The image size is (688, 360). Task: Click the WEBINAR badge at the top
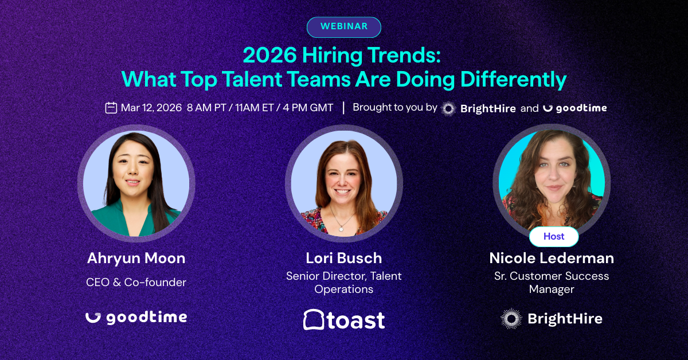(x=343, y=27)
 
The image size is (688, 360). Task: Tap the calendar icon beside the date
(x=111, y=108)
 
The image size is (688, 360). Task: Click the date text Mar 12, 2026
(x=151, y=108)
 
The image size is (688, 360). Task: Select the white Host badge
(x=554, y=236)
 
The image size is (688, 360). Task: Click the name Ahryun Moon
(x=136, y=258)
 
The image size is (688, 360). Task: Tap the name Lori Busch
(x=343, y=258)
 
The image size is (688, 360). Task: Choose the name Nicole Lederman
(x=552, y=258)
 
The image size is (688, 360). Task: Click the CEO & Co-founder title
(x=136, y=282)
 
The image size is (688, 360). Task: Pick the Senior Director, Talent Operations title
(x=343, y=283)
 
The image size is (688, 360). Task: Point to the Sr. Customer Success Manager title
(x=552, y=283)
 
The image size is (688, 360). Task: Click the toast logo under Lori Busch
(x=344, y=320)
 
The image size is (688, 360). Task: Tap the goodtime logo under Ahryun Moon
(x=136, y=318)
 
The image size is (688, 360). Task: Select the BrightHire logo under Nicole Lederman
(x=552, y=319)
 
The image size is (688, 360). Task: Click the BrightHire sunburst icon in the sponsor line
(x=448, y=108)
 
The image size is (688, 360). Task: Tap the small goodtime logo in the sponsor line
(x=575, y=108)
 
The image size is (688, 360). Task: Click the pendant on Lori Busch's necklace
(x=341, y=229)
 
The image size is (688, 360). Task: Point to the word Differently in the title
(x=513, y=80)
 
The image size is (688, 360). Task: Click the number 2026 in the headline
(x=269, y=56)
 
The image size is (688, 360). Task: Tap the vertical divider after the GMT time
(x=343, y=108)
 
